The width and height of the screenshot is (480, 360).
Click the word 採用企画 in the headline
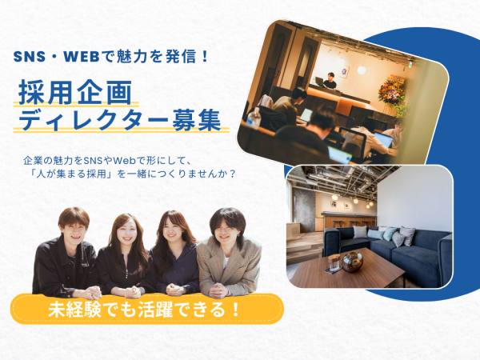76,92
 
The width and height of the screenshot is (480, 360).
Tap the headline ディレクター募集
120,120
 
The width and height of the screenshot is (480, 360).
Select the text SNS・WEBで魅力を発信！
111,56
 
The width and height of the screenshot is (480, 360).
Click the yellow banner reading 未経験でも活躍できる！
147,309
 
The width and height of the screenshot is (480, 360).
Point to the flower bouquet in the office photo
391,89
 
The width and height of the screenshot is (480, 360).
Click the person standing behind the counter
330,80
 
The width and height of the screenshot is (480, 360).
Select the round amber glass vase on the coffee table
352,262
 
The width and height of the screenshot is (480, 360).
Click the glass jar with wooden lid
334,262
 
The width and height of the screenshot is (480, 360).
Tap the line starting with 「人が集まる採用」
133,174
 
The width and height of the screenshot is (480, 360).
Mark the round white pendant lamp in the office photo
362,70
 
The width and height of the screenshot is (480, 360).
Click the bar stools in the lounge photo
350,223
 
